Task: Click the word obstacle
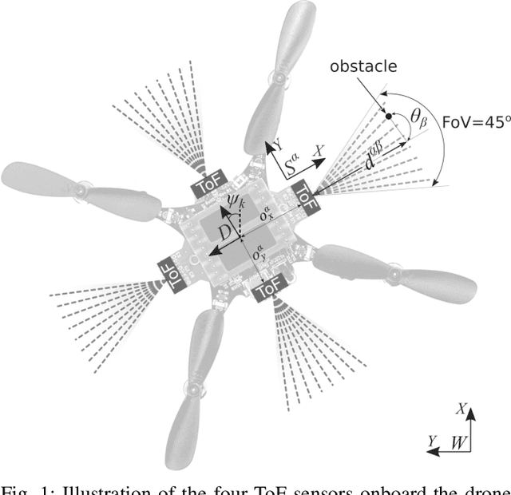coord(363,65)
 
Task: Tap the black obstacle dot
coord(389,117)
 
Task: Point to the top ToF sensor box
coord(212,185)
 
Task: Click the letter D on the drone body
coord(227,232)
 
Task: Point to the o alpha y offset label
coord(258,256)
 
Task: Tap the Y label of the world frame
coord(432,440)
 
